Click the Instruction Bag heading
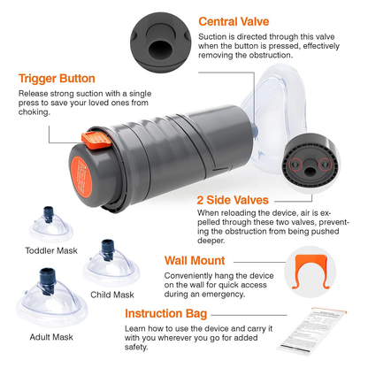click(165, 313)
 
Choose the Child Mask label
click(111, 293)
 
